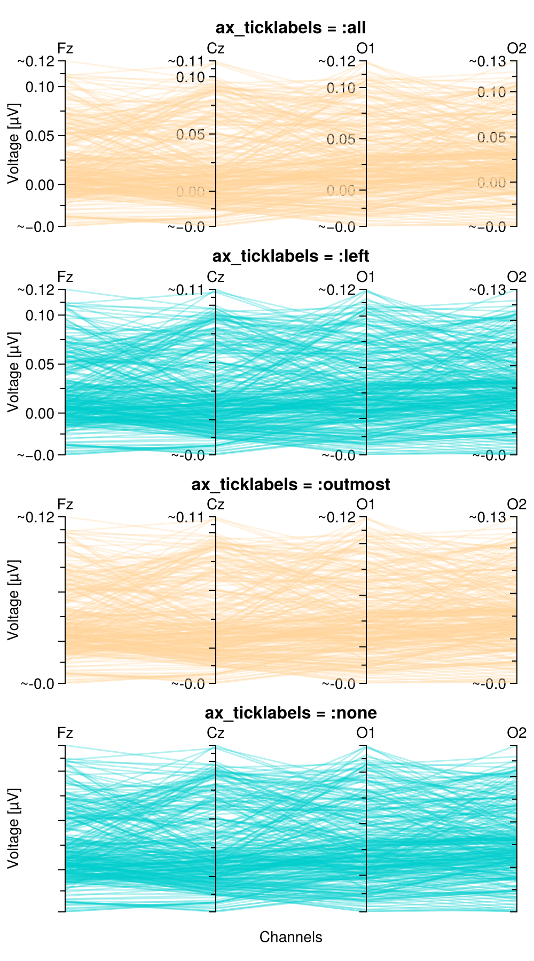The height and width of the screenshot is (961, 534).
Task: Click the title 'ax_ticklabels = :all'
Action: point(290,28)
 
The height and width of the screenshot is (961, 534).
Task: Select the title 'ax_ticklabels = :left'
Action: point(290,256)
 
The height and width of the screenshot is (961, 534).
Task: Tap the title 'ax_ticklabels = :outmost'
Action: point(290,484)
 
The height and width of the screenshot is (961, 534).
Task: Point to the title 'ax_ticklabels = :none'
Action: point(290,713)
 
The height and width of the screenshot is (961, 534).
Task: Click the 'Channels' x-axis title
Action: point(290,937)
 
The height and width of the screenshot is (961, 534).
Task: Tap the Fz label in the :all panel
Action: point(65,49)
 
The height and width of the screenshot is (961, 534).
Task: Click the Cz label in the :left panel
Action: point(216,277)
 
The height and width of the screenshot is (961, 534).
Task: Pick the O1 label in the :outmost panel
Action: point(366,505)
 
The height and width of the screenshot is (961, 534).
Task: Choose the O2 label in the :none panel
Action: point(516,733)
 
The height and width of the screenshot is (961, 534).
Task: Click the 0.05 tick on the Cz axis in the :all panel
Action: point(191,135)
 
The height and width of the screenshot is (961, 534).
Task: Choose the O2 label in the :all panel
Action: point(516,49)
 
